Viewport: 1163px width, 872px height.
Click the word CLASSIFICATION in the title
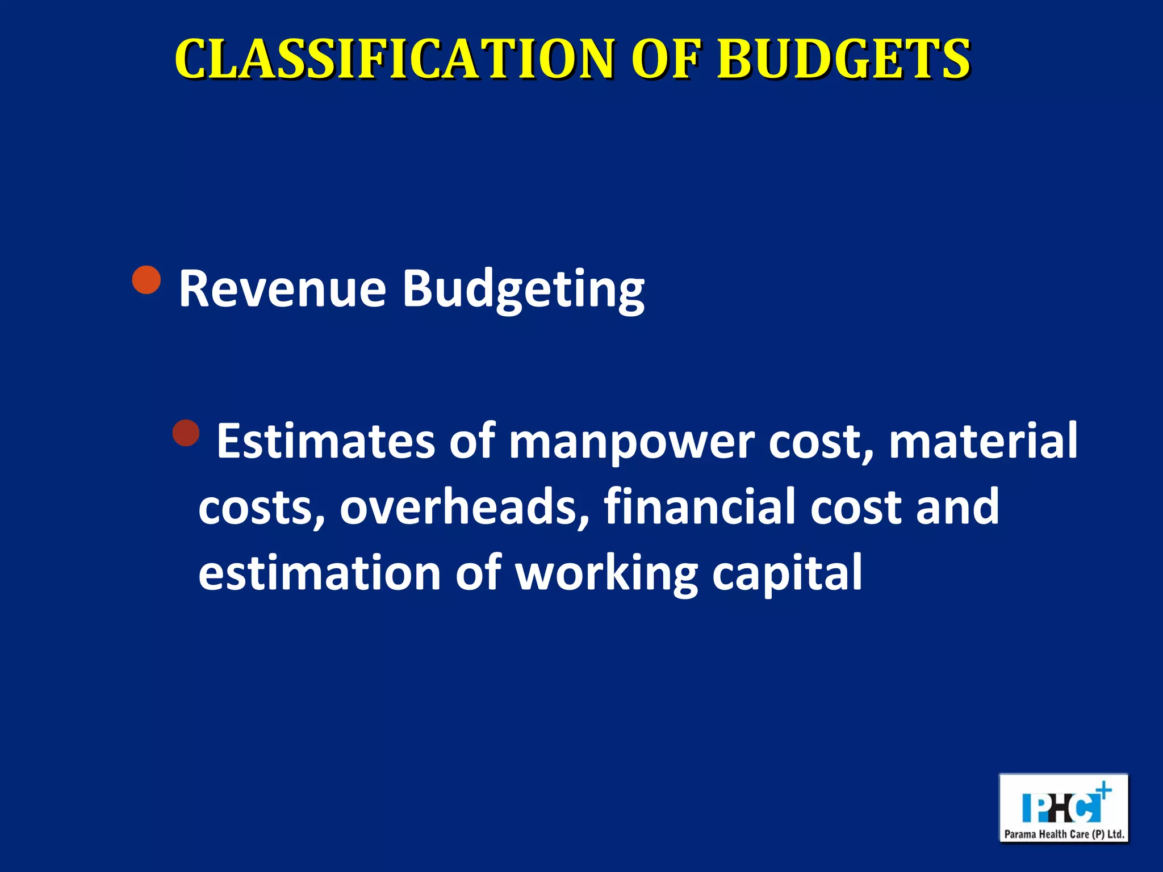tap(394, 59)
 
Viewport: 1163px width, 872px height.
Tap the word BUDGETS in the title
tap(843, 59)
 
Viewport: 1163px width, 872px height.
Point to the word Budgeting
tap(523, 291)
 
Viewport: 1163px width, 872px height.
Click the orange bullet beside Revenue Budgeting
tap(147, 279)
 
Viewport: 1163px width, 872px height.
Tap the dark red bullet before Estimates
tap(186, 433)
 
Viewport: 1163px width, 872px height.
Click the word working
tap(606, 575)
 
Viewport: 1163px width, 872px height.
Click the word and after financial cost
tap(957, 506)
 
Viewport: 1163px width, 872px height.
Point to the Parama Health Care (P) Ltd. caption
tap(1064, 834)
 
